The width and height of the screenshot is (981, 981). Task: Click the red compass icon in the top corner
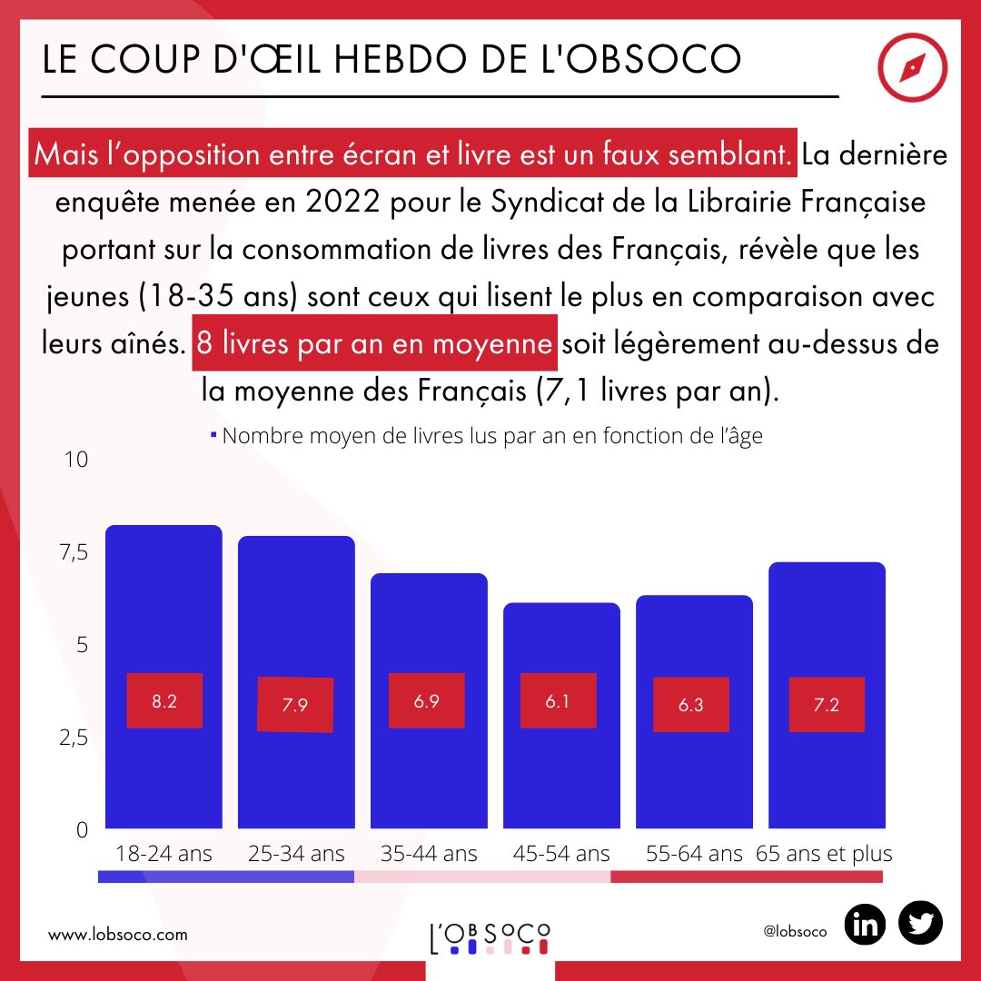(913, 69)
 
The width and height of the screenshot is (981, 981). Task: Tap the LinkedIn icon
(867, 925)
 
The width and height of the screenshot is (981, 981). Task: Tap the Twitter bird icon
(920, 925)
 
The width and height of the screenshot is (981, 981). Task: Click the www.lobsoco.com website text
(118, 934)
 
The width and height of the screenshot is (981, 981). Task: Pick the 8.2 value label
(164, 700)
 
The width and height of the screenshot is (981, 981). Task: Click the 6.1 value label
(558, 700)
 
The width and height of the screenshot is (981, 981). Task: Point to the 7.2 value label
(827, 705)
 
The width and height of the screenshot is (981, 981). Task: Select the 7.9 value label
(295, 705)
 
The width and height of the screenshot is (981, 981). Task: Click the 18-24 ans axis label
(163, 854)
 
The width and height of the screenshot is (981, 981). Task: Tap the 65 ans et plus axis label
(825, 854)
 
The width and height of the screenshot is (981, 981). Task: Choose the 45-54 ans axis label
(561, 854)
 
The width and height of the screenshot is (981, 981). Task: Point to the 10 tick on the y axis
(76, 460)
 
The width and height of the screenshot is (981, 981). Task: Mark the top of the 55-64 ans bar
(695, 597)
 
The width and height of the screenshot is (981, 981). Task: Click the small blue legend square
(213, 436)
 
